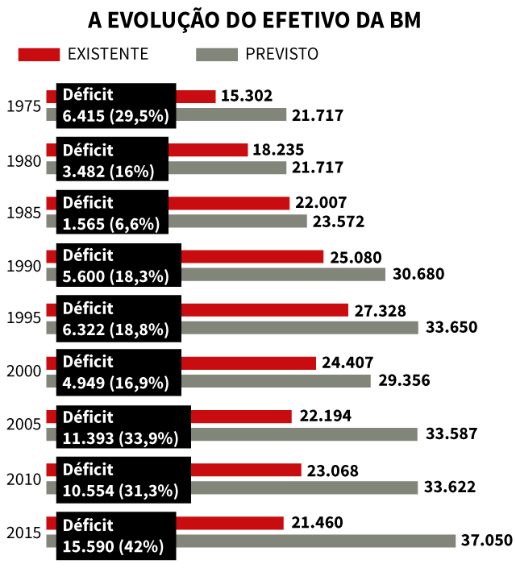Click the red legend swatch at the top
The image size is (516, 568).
[39, 54]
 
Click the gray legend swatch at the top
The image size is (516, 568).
[217, 54]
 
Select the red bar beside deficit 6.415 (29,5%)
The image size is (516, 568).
[196, 97]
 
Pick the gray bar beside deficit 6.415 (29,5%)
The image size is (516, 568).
[231, 114]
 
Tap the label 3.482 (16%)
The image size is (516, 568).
[108, 171]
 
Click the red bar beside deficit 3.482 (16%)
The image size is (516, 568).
[208, 150]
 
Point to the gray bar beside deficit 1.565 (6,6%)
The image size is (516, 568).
[238, 221]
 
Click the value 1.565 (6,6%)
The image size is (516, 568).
[111, 224]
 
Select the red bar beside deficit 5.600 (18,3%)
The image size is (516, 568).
[252, 256]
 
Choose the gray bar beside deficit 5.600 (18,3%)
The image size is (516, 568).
[283, 274]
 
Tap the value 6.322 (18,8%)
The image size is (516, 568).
[115, 330]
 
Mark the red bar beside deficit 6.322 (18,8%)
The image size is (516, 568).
[264, 309]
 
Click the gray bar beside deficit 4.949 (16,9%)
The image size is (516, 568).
[276, 380]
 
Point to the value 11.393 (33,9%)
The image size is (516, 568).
[120, 438]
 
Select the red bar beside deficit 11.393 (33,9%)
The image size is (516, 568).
[241, 417]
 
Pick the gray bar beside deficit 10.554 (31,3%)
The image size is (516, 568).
[305, 487]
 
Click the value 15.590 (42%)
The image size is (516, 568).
[113, 545]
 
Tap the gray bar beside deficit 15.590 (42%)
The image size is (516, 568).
[316, 541]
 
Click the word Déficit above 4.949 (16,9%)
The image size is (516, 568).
[88, 362]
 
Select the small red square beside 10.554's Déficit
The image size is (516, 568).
[51, 470]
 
